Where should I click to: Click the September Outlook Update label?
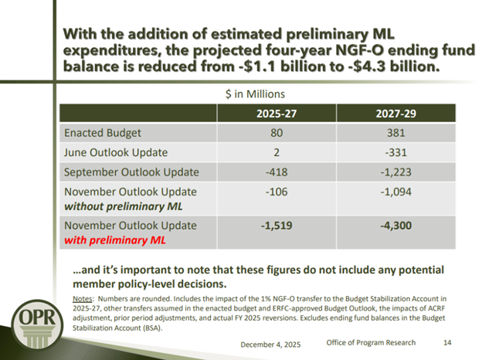132,172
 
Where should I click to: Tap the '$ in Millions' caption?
255,93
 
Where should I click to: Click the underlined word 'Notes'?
82,297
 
